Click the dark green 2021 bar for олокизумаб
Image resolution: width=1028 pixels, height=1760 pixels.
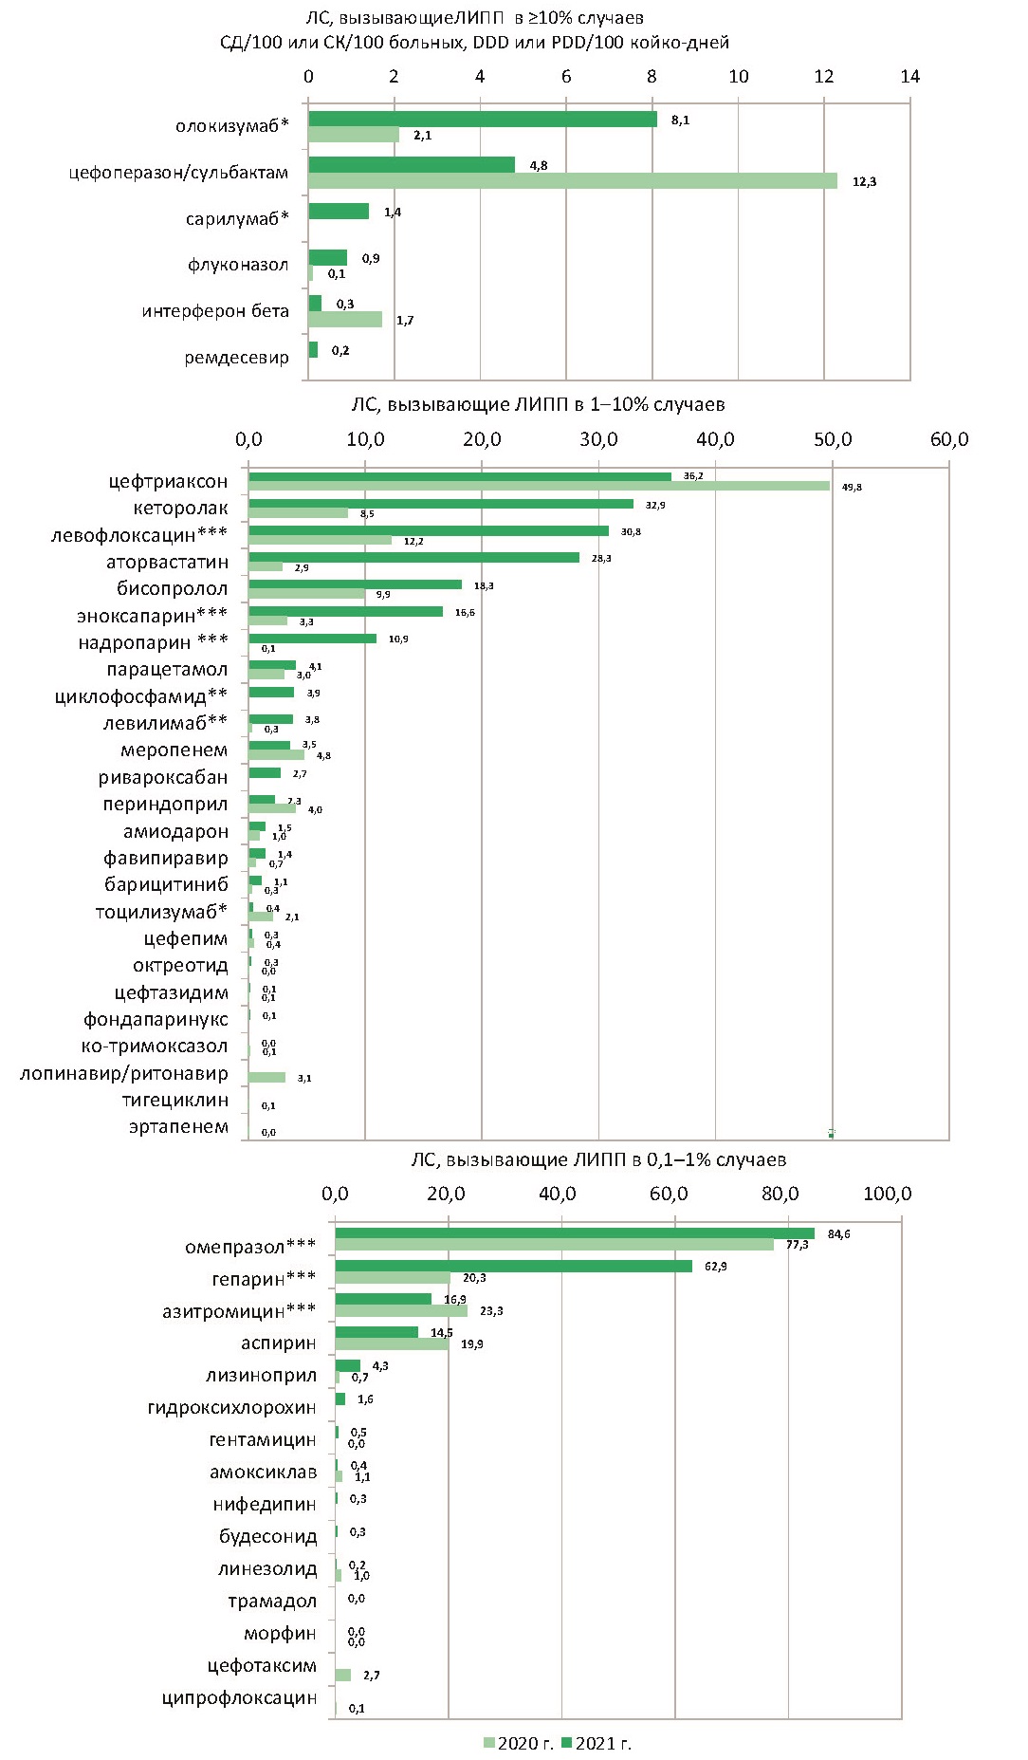click(x=482, y=119)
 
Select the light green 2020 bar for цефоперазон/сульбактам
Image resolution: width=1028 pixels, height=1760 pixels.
click(x=572, y=180)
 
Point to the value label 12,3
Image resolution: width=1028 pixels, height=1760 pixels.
click(x=864, y=182)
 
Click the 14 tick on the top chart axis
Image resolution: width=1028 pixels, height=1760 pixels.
click(x=909, y=77)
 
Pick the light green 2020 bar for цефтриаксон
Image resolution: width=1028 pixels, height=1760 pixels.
click(x=539, y=486)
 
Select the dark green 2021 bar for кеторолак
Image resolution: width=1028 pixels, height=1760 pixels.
click(x=441, y=504)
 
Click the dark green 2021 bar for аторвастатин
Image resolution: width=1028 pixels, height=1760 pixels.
click(x=413, y=558)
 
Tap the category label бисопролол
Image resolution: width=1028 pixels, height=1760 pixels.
click(x=173, y=589)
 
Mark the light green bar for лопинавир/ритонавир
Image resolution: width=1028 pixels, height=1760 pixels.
click(x=266, y=1078)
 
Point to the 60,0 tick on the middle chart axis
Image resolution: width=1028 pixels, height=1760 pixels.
click(x=949, y=439)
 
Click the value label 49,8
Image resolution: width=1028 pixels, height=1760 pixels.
click(x=852, y=487)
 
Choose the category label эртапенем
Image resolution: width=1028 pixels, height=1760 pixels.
click(x=178, y=1127)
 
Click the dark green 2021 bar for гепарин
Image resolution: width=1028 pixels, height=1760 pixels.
click(x=513, y=1266)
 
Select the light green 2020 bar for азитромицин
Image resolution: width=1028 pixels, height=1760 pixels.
click(x=401, y=1311)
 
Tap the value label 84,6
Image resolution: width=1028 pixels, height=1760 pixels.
click(x=838, y=1234)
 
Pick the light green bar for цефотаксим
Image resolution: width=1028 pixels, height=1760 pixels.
click(x=343, y=1676)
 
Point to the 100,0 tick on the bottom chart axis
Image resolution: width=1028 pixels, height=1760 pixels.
click(x=888, y=1194)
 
